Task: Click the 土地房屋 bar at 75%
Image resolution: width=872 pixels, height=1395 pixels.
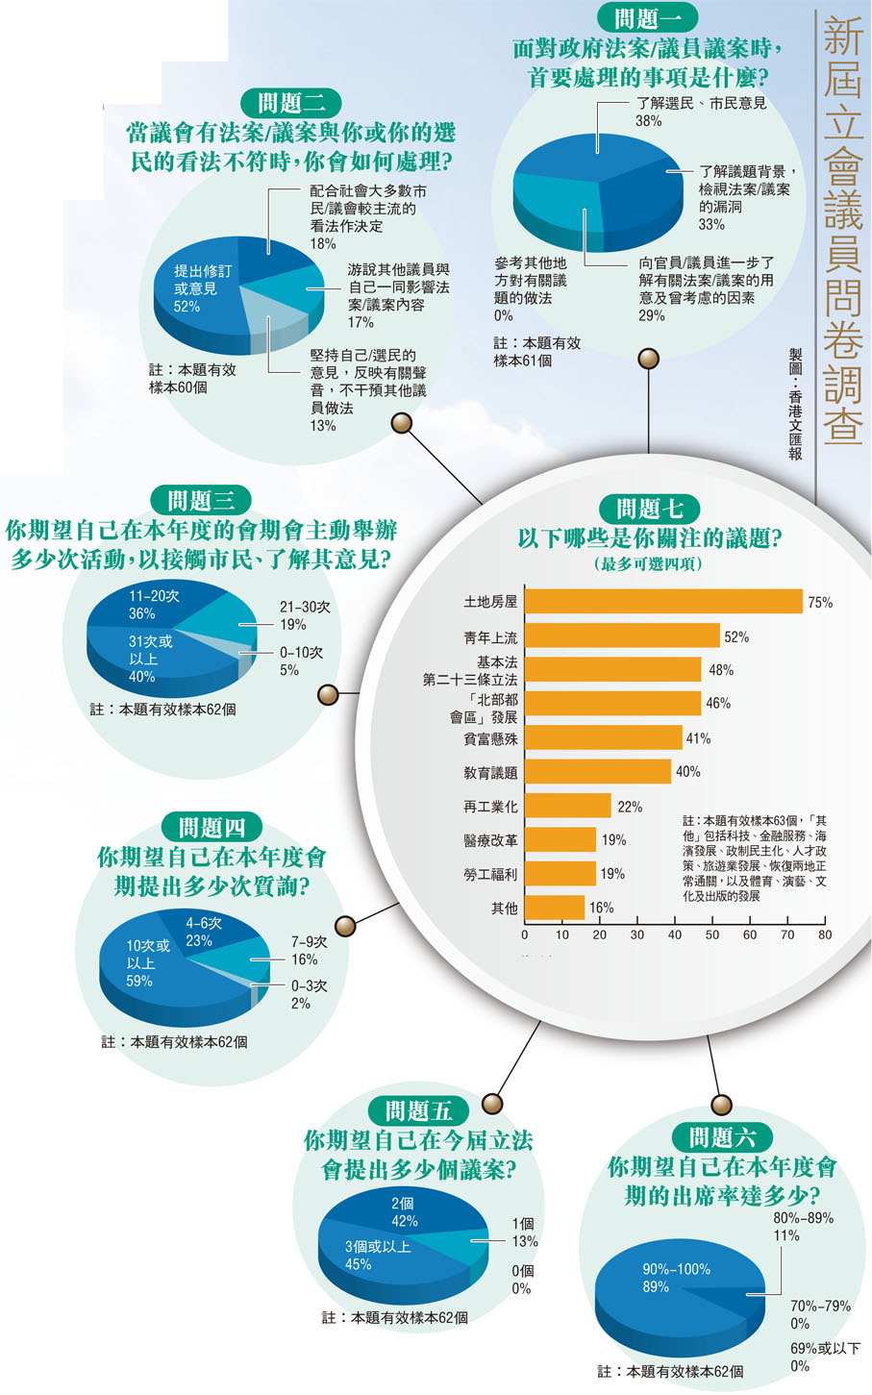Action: coord(663,602)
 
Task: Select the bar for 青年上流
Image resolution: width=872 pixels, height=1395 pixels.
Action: coord(622,635)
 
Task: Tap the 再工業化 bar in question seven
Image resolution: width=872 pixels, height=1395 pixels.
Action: coord(567,806)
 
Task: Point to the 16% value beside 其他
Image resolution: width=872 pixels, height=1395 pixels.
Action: coord(601,908)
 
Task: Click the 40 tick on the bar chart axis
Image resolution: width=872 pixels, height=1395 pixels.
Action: coord(675,934)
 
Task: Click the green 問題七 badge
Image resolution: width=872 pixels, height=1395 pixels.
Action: coord(650,509)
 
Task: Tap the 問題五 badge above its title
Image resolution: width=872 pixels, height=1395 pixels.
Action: coord(418,1111)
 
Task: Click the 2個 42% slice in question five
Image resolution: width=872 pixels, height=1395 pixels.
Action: coord(404,1212)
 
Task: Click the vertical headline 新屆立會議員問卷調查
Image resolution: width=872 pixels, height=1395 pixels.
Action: coord(842,231)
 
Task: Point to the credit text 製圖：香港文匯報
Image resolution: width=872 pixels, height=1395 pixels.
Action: coord(795,404)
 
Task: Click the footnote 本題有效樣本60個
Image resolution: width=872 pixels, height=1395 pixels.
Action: coord(192,378)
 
